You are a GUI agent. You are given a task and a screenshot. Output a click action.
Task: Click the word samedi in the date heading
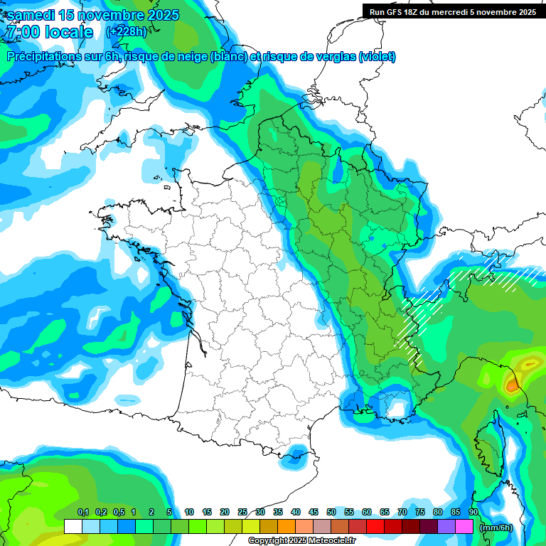[30, 15]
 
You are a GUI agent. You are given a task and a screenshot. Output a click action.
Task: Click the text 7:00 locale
[49, 32]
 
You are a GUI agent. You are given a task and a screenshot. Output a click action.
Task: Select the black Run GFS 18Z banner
[453, 11]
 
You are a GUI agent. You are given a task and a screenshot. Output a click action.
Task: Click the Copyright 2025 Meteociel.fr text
[301, 541]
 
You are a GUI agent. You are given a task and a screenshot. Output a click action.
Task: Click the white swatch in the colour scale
[73, 527]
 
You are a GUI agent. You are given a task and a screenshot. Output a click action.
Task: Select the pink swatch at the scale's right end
[464, 527]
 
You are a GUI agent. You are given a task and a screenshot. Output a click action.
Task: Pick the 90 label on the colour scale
[473, 512]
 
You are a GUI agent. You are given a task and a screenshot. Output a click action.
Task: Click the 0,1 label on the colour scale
[82, 512]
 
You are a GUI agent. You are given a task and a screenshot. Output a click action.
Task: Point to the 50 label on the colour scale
[331, 512]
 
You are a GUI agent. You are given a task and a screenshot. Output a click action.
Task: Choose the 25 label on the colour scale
[242, 512]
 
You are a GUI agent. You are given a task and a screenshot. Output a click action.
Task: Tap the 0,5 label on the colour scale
[118, 512]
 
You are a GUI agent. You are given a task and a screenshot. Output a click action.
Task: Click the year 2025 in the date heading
[160, 15]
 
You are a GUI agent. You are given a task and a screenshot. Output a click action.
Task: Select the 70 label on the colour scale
[402, 512]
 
